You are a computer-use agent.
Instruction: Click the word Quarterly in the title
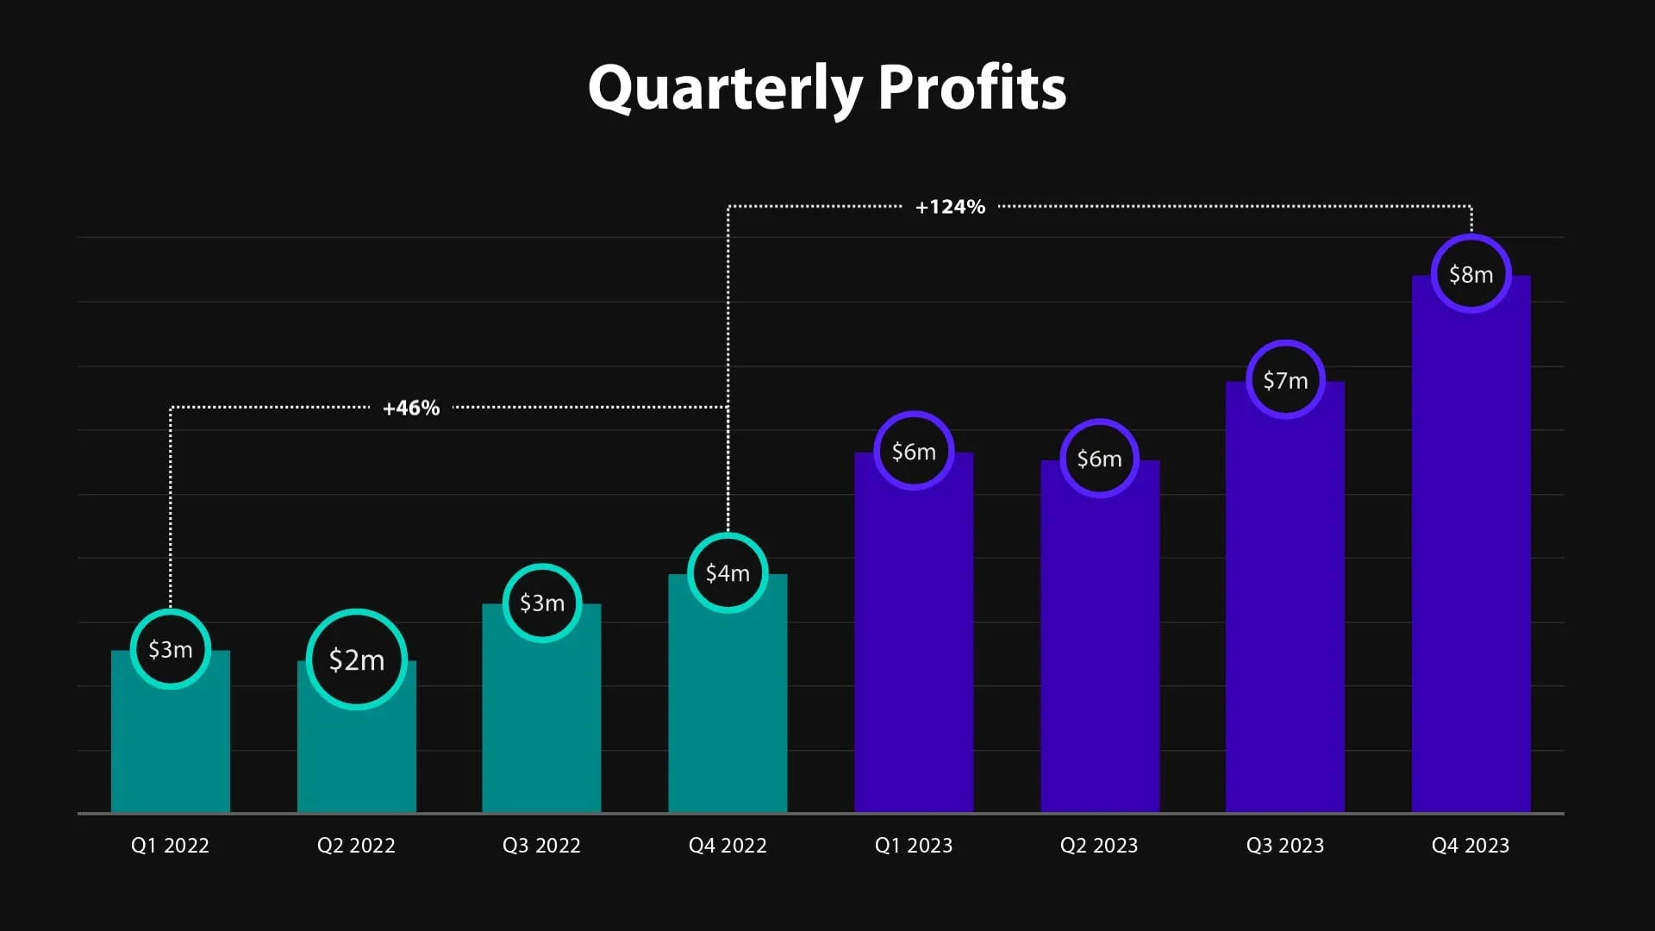point(725,89)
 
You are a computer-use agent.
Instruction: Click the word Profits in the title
point(971,89)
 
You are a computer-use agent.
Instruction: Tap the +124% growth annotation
point(950,207)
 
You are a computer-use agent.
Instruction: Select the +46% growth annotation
point(411,408)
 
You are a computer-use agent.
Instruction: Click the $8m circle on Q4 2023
point(1471,274)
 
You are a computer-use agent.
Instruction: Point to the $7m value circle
point(1285,380)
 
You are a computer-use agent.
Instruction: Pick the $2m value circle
point(356,659)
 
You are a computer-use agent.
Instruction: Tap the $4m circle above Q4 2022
point(728,573)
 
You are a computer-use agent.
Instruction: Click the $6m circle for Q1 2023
point(914,452)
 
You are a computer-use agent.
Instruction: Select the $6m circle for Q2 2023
point(1099,459)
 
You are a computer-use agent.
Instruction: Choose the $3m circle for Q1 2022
point(171,649)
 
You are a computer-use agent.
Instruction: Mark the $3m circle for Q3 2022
point(542,603)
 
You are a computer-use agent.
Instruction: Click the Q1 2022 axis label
point(170,846)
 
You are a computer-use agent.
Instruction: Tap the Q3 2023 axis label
point(1284,846)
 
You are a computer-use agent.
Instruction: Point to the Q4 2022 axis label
point(728,846)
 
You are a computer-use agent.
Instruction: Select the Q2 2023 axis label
point(1099,846)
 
